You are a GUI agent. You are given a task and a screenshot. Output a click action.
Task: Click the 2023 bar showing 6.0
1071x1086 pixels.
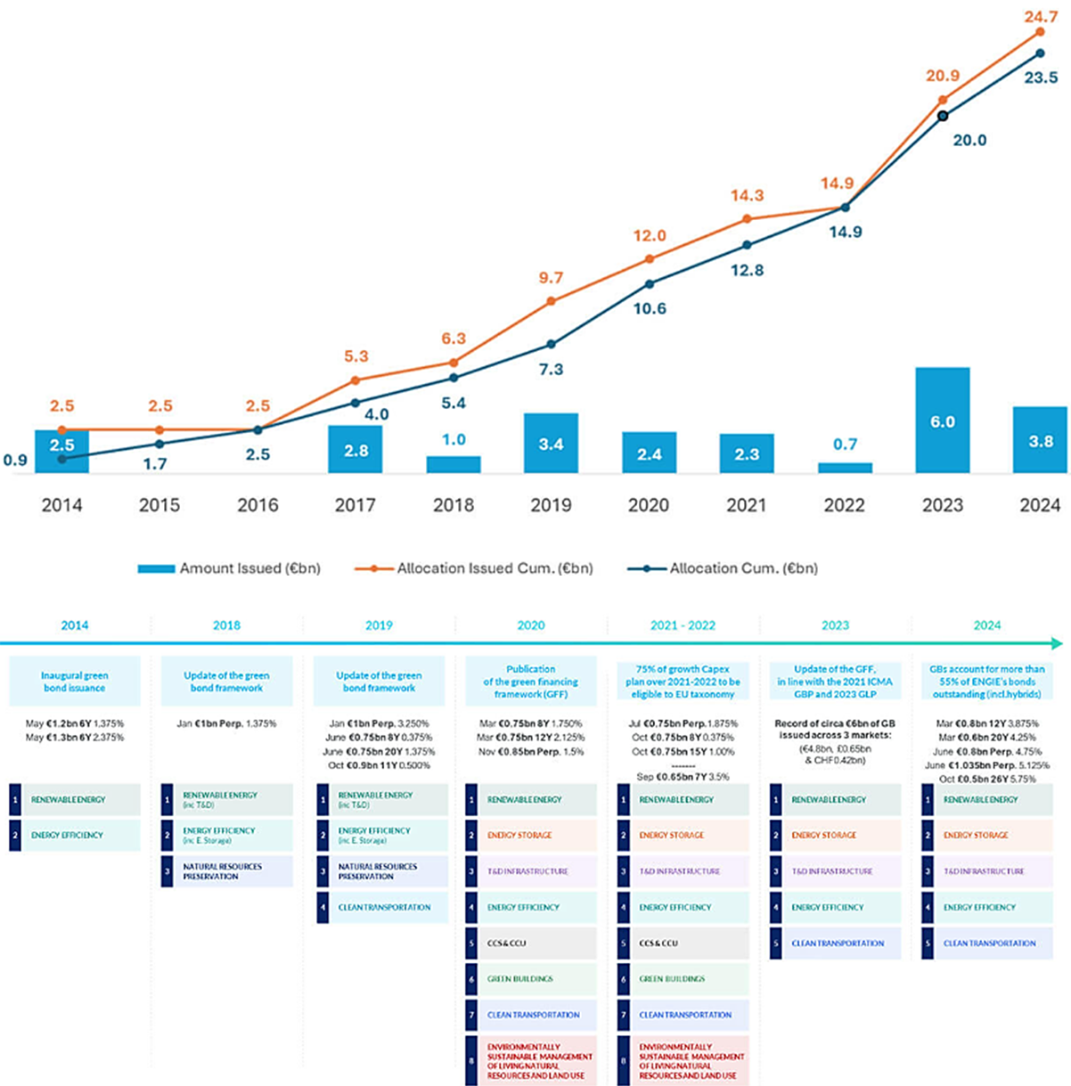coord(942,421)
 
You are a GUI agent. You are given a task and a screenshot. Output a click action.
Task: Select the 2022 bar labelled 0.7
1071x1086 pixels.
coord(845,467)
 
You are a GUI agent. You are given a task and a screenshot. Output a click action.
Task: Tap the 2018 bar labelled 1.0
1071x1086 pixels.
coord(454,463)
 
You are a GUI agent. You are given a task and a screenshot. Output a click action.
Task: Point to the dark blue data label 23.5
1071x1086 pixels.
coord(1040,78)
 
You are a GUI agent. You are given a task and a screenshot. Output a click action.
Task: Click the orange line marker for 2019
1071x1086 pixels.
coord(552,301)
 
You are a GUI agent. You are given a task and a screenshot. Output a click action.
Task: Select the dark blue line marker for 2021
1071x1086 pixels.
coord(747,245)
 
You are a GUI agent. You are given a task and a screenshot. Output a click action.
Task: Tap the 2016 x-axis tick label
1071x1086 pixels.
coord(258,505)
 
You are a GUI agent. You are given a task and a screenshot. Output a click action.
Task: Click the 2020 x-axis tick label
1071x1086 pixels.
coord(649,505)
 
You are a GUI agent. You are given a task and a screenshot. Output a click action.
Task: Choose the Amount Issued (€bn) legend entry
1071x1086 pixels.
coord(230,568)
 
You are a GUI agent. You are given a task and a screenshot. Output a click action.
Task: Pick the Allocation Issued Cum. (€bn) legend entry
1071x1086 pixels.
coord(474,568)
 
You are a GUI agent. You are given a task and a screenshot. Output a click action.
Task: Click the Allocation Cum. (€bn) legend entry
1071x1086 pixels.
coord(723,568)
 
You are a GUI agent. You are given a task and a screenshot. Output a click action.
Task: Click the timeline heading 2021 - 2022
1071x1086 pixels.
coord(683,625)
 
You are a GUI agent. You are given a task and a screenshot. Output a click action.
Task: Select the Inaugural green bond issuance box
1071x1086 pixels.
coord(75,682)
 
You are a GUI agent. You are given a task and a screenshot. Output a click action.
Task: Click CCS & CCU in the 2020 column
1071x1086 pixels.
coord(531,943)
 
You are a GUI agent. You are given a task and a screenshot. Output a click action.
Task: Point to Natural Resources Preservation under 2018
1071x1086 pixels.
coord(227,871)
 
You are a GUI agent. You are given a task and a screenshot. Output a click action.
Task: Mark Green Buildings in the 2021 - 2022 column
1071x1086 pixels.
coord(683,978)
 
